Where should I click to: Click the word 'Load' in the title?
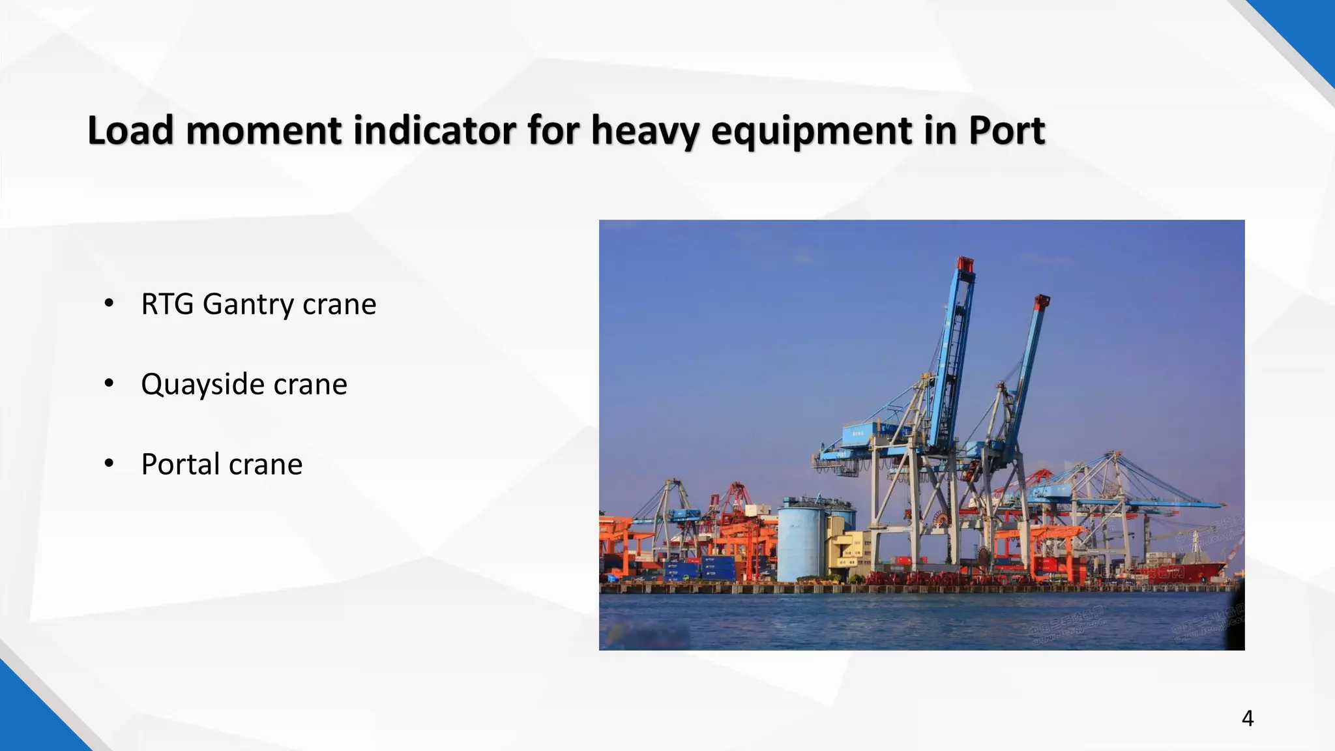(130, 130)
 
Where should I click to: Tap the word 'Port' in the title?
(1006, 130)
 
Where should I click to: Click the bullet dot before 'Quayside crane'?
(109, 383)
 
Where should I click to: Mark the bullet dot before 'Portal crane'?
(109, 463)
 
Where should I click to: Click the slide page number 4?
(1247, 718)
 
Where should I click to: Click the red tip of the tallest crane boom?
(965, 264)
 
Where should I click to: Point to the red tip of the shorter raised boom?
(1042, 301)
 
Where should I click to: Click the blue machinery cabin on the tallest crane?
(863, 434)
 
